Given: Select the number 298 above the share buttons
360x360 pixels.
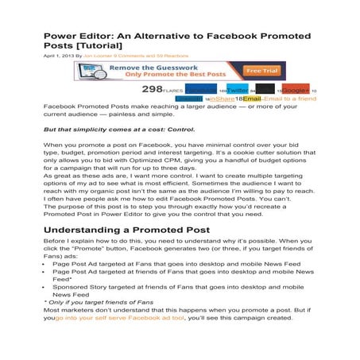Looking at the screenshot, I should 153,89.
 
